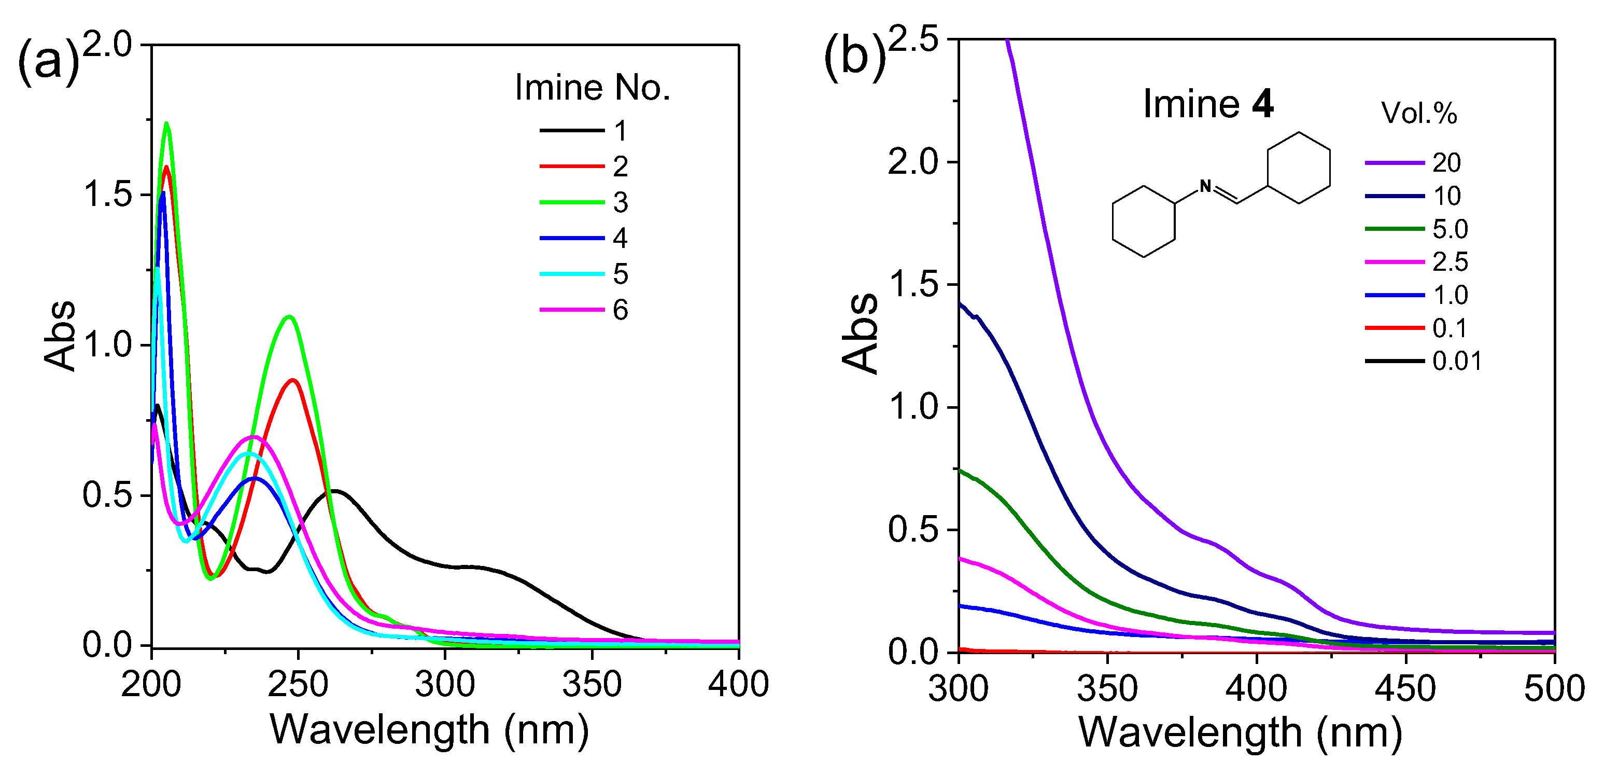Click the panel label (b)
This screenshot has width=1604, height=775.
point(854,59)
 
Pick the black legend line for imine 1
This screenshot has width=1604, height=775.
point(572,130)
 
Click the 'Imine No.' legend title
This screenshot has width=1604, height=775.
point(592,88)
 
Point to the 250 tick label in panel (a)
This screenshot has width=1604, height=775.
point(298,684)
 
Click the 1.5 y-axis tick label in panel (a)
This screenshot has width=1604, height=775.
point(108,195)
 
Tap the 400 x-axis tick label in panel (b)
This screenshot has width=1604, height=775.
point(1256,689)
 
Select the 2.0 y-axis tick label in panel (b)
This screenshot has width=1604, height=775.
point(913,162)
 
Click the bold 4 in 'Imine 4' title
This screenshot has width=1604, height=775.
point(1262,104)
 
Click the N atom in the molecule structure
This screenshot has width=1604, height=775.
point(1205,186)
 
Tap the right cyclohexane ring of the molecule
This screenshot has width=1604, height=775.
point(1299,168)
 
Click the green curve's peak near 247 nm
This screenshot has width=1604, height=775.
point(289,317)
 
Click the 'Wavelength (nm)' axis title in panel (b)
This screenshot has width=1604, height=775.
point(1240,732)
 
